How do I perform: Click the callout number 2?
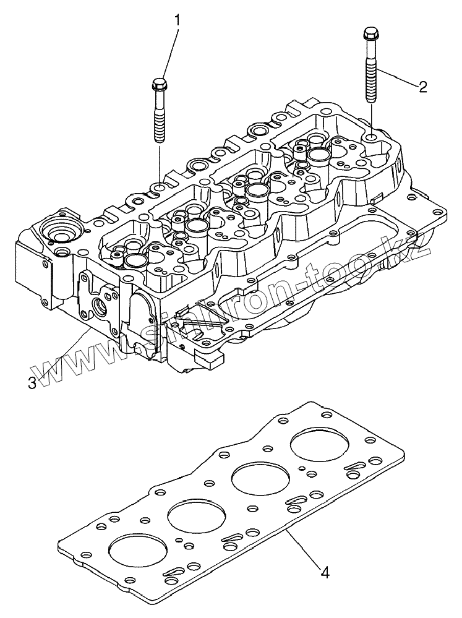coord(422,87)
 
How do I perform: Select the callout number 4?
coord(325,572)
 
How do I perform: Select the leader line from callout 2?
coord(399,79)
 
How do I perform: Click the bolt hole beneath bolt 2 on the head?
coord(371,137)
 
